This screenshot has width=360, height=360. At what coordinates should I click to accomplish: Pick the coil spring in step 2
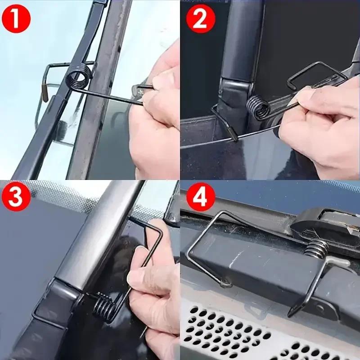[259, 108]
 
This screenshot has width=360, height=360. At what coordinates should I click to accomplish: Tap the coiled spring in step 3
[104, 306]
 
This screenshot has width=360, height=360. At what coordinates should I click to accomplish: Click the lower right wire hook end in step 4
[292, 310]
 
